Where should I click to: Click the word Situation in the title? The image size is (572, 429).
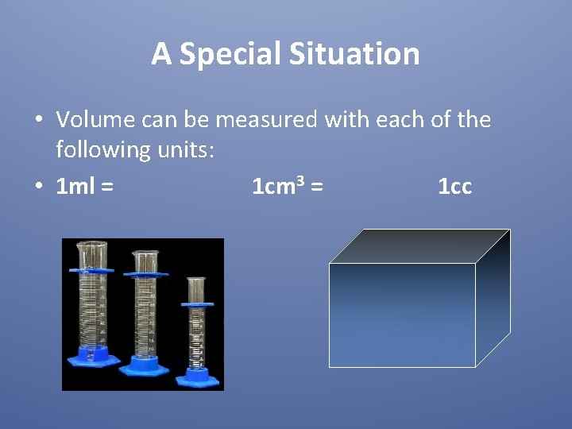(354, 55)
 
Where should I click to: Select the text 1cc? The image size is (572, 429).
(454, 187)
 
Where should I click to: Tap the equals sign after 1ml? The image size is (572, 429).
(106, 187)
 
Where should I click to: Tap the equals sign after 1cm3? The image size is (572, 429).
(316, 187)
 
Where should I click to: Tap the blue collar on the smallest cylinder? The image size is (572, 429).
(197, 305)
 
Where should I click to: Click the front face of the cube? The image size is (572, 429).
(402, 315)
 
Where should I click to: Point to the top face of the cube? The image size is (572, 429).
(419, 245)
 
